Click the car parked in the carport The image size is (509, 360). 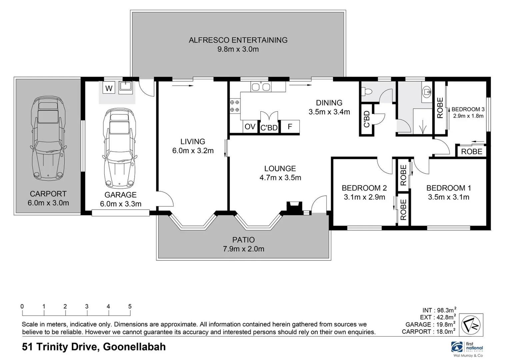tap(48, 138)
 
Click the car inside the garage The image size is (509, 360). tap(120, 148)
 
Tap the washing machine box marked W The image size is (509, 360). tap(109, 88)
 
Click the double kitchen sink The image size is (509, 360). tap(261, 87)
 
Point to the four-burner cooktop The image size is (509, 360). tap(235, 106)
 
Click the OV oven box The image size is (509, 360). tap(250, 127)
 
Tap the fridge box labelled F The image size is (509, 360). tap(290, 127)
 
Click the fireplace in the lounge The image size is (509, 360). tap(294, 206)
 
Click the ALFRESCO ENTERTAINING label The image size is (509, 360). tap(238, 40)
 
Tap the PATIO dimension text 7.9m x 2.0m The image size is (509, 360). tap(243, 249)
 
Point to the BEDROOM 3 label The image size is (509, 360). tap(468, 109)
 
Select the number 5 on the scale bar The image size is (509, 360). tap(130, 306)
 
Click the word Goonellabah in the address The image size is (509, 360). tap(134, 347)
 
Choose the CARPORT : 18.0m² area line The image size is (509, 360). tap(429, 332)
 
